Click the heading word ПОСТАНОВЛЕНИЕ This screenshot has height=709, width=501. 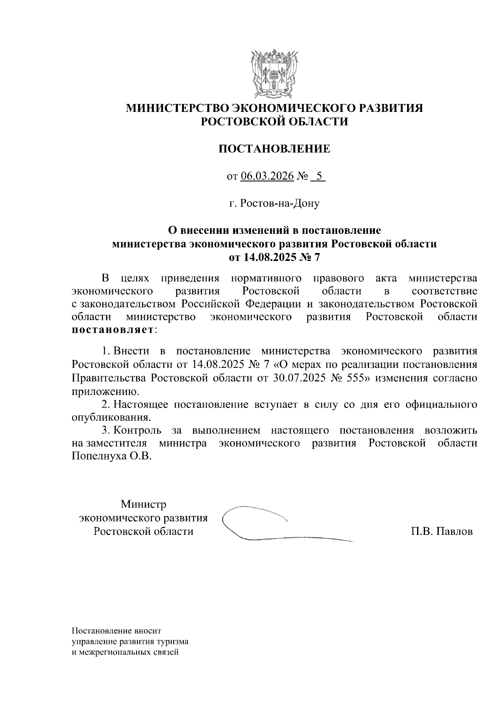(275, 149)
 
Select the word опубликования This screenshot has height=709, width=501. (110, 417)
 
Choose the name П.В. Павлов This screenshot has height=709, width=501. (442, 532)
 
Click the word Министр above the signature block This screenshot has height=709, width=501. (143, 504)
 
